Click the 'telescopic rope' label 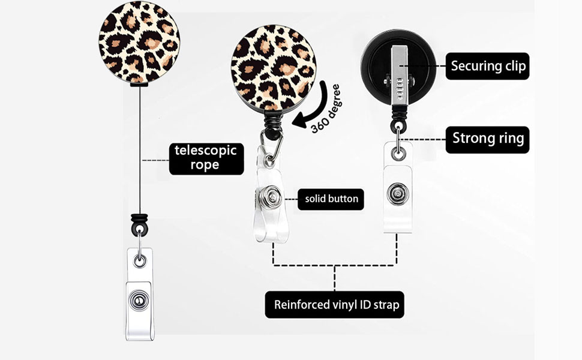click(x=205, y=158)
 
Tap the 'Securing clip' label click(x=487, y=66)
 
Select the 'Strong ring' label click(x=487, y=139)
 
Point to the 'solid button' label click(x=331, y=199)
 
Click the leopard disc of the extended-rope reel click(x=139, y=41)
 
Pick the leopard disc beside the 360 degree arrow click(x=273, y=66)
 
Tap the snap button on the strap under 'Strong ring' click(x=397, y=194)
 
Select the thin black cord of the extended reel click(x=140, y=150)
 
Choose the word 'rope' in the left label click(x=205, y=166)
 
